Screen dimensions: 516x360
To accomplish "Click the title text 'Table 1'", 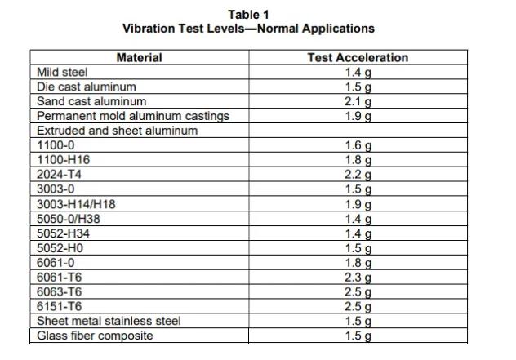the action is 248,15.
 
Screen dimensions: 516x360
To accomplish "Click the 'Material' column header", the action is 139,58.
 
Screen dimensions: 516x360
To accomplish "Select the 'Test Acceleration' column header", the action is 358,58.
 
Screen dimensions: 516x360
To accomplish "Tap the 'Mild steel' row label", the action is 62,72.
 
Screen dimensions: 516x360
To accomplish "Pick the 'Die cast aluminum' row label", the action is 87,87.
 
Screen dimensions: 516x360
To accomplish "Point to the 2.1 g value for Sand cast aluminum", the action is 358,102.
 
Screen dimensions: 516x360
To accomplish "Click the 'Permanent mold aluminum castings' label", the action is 133,116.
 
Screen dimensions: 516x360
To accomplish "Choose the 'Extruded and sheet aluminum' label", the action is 117,131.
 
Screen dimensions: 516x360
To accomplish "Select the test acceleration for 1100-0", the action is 358,145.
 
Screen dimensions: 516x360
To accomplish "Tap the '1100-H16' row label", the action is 63,160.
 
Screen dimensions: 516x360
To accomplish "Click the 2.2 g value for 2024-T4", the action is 358,175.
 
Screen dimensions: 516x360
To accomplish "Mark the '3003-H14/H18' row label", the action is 76,204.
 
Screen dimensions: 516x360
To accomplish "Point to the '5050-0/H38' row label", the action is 69,219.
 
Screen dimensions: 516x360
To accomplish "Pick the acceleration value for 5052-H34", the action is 358,234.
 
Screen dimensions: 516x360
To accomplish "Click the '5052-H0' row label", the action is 60,248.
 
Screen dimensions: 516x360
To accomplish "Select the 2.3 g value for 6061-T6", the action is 358,278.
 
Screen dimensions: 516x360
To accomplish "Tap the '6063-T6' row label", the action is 60,292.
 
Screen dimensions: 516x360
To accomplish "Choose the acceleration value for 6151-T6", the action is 358,307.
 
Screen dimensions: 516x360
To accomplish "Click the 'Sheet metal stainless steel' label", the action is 109,321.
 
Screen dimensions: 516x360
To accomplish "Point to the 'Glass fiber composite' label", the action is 95,336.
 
